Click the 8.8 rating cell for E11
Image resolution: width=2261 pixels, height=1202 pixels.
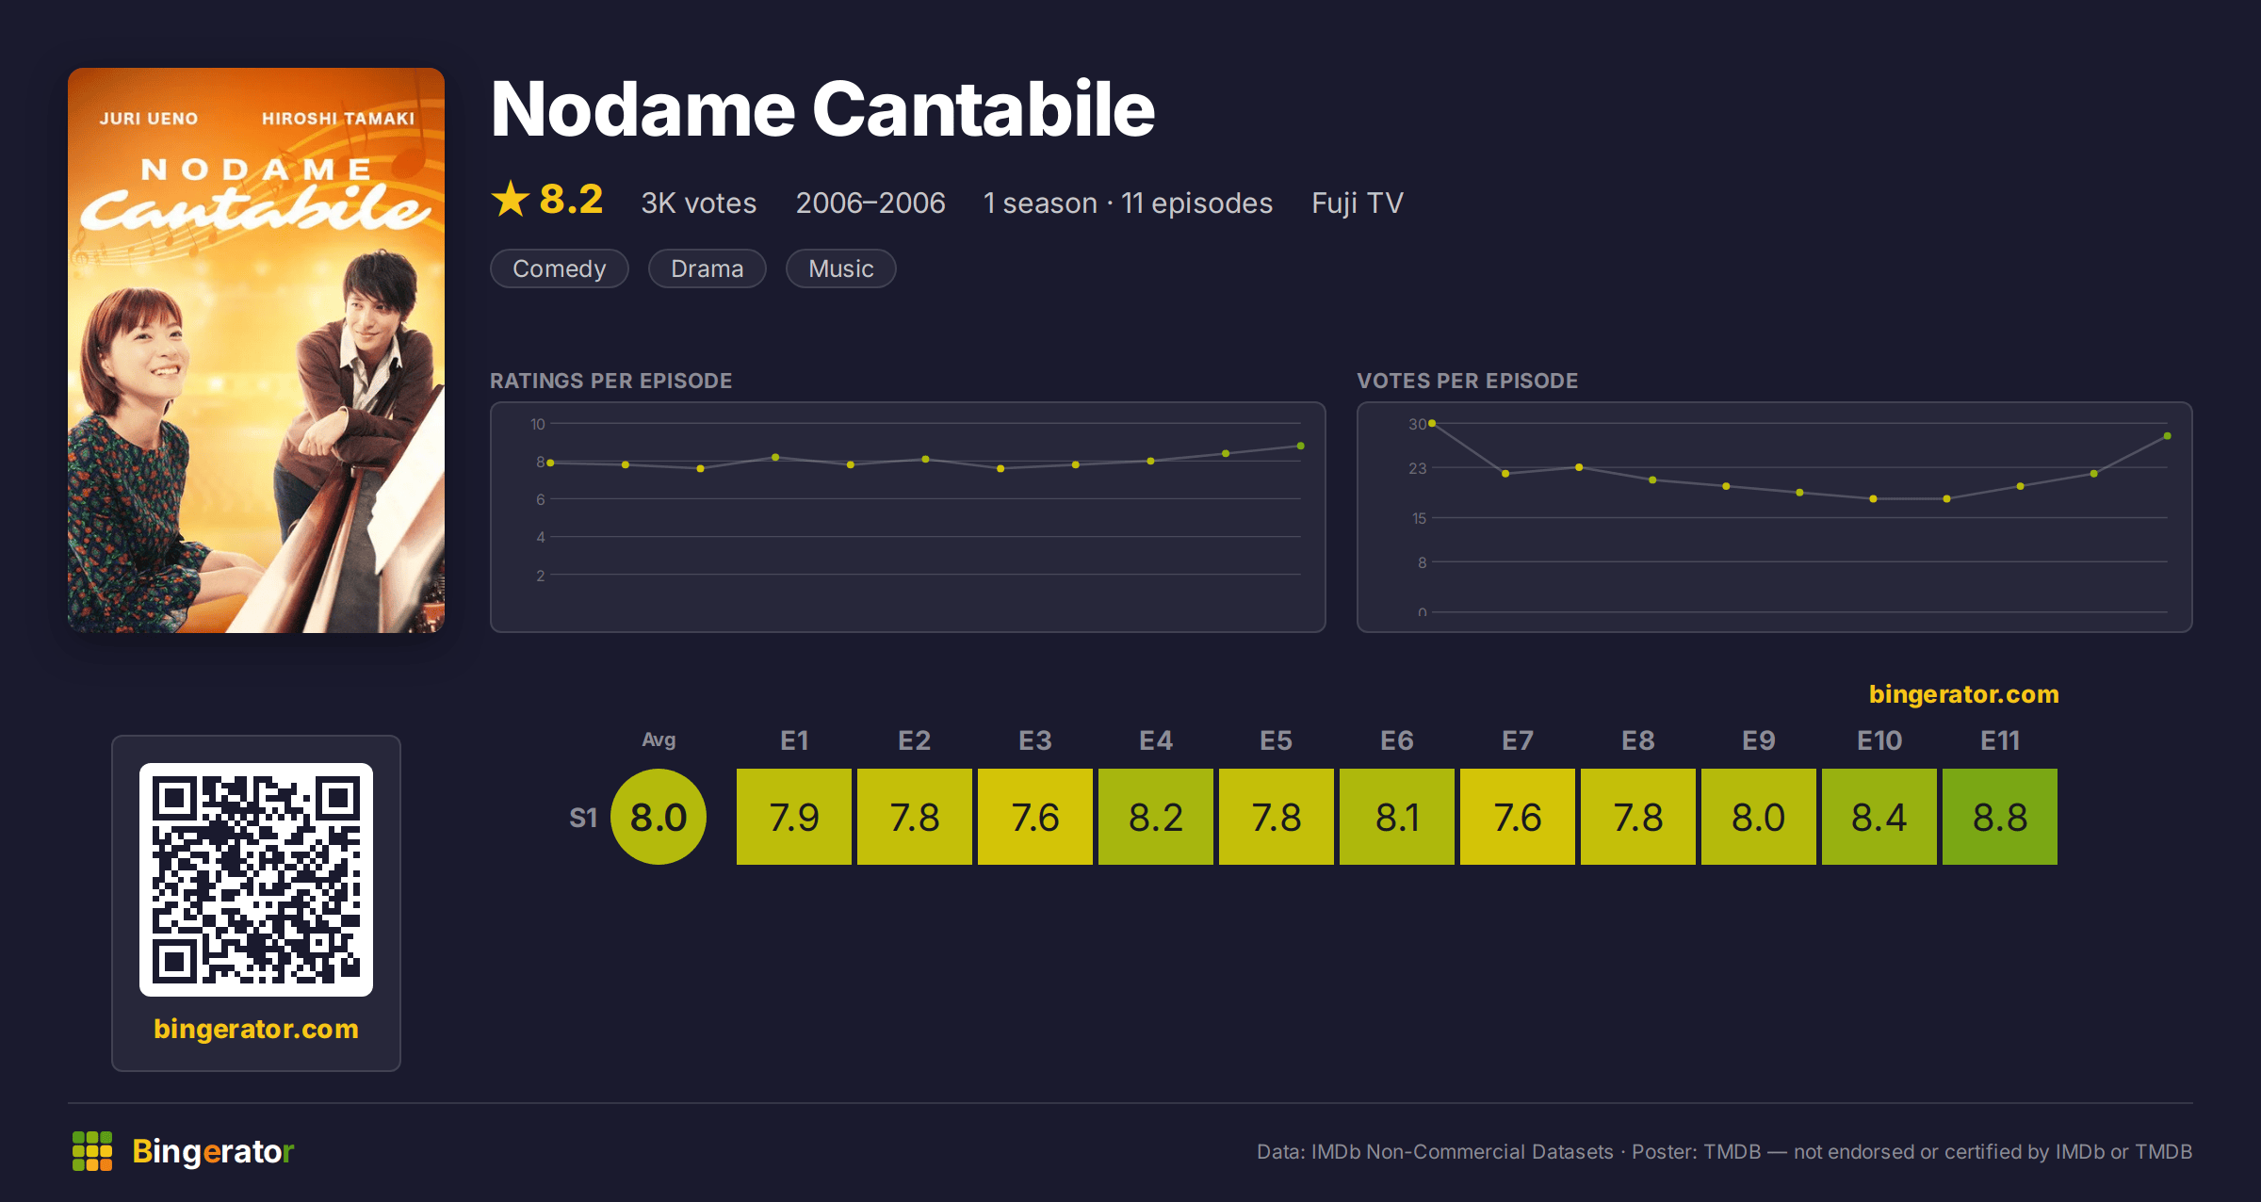click(x=1999, y=817)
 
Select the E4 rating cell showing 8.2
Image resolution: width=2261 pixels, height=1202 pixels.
click(x=1156, y=817)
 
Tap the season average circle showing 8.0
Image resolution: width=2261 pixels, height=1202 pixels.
click(x=659, y=817)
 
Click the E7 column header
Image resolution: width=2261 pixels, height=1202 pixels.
click(x=1517, y=740)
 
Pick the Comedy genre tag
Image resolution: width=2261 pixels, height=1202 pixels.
click(x=560, y=268)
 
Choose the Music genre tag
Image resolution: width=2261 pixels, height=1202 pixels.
click(x=840, y=268)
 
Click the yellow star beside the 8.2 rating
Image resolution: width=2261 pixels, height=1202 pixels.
click(x=511, y=199)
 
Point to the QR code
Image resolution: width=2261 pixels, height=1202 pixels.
click(x=256, y=880)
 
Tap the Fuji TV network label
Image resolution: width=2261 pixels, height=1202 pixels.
click(x=1358, y=203)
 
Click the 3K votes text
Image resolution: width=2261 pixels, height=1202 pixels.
click(x=699, y=203)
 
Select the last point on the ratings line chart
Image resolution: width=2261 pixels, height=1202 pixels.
click(x=1301, y=446)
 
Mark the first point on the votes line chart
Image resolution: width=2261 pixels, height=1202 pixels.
click(x=1432, y=424)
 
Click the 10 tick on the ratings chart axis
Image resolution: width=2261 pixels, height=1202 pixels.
click(x=537, y=424)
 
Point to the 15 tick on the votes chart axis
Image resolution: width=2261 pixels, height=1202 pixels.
click(x=1419, y=518)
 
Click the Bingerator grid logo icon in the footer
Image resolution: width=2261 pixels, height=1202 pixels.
click(x=92, y=1151)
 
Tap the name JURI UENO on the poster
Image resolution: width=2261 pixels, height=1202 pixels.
click(x=149, y=119)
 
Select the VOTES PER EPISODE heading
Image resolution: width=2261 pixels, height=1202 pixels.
click(x=1467, y=381)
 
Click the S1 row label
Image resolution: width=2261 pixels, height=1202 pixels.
click(x=583, y=818)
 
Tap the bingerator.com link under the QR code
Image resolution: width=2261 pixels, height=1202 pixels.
click(x=256, y=1029)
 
